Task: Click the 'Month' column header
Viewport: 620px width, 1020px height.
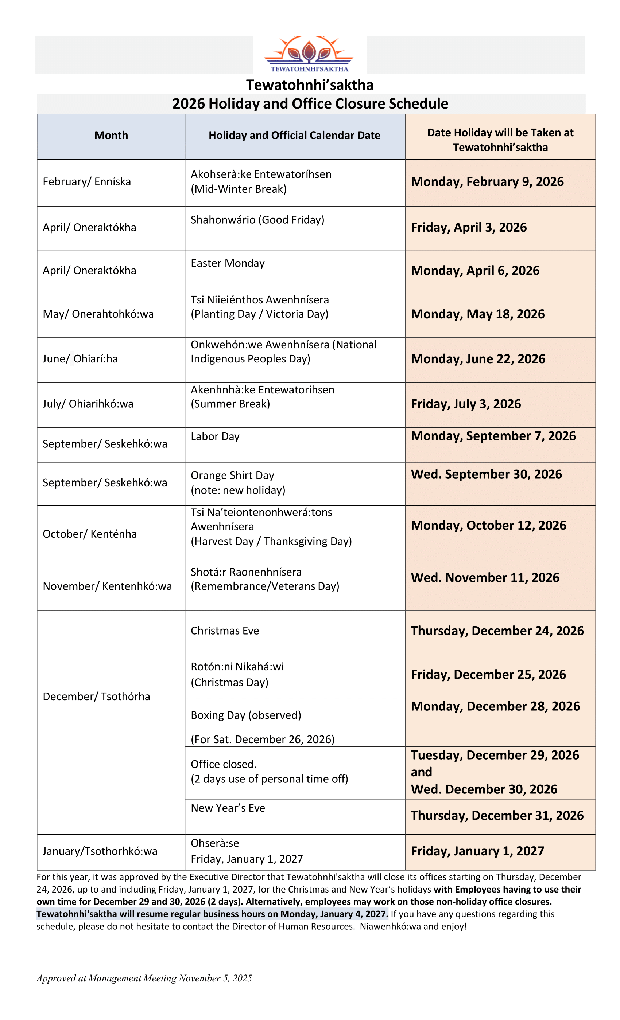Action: pyautogui.click(x=111, y=136)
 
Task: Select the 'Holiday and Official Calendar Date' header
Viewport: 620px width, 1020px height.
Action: pyautogui.click(x=294, y=136)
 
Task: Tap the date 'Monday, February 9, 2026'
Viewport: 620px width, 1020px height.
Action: pyautogui.click(x=487, y=182)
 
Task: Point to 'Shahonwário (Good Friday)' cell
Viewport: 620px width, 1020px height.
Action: pyautogui.click(x=257, y=220)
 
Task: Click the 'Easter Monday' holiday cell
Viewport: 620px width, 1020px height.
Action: pyautogui.click(x=228, y=263)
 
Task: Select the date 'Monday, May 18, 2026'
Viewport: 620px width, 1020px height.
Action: pyautogui.click(x=477, y=314)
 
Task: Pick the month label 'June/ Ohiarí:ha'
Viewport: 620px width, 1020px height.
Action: pyautogui.click(x=80, y=358)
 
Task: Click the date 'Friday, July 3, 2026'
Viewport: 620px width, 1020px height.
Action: pyautogui.click(x=466, y=404)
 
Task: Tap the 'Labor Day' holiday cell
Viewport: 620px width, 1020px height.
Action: pyautogui.click(x=215, y=436)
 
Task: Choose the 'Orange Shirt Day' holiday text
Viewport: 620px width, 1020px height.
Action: pyautogui.click(x=233, y=475)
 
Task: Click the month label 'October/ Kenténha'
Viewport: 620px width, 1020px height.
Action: pyautogui.click(x=89, y=534)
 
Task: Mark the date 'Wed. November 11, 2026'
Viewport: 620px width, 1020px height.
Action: pyautogui.click(x=485, y=577)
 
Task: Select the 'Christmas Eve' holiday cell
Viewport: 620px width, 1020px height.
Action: pyautogui.click(x=225, y=631)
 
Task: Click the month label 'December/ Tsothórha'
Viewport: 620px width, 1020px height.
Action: pyautogui.click(x=96, y=696)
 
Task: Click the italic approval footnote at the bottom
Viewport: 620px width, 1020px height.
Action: pyautogui.click(x=144, y=978)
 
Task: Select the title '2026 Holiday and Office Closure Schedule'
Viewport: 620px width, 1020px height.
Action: pyautogui.click(x=310, y=103)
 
